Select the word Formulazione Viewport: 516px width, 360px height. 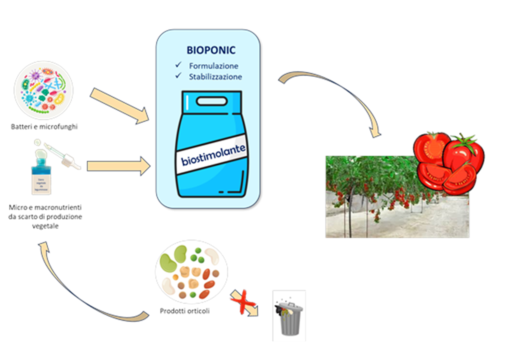(x=214, y=66)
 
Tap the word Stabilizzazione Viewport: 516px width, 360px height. (x=215, y=76)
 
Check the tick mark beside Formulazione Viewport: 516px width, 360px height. (x=178, y=65)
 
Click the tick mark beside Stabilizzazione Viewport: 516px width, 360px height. (x=178, y=76)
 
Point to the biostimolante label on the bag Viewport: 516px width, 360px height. (x=214, y=156)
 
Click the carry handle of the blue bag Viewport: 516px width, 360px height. (x=210, y=100)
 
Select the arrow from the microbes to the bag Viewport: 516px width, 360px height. (x=120, y=106)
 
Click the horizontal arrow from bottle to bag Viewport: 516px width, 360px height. (x=118, y=165)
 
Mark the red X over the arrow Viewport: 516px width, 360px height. (x=244, y=302)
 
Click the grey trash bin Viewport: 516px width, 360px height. (x=289, y=316)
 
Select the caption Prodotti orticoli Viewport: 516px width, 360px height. (x=184, y=311)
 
